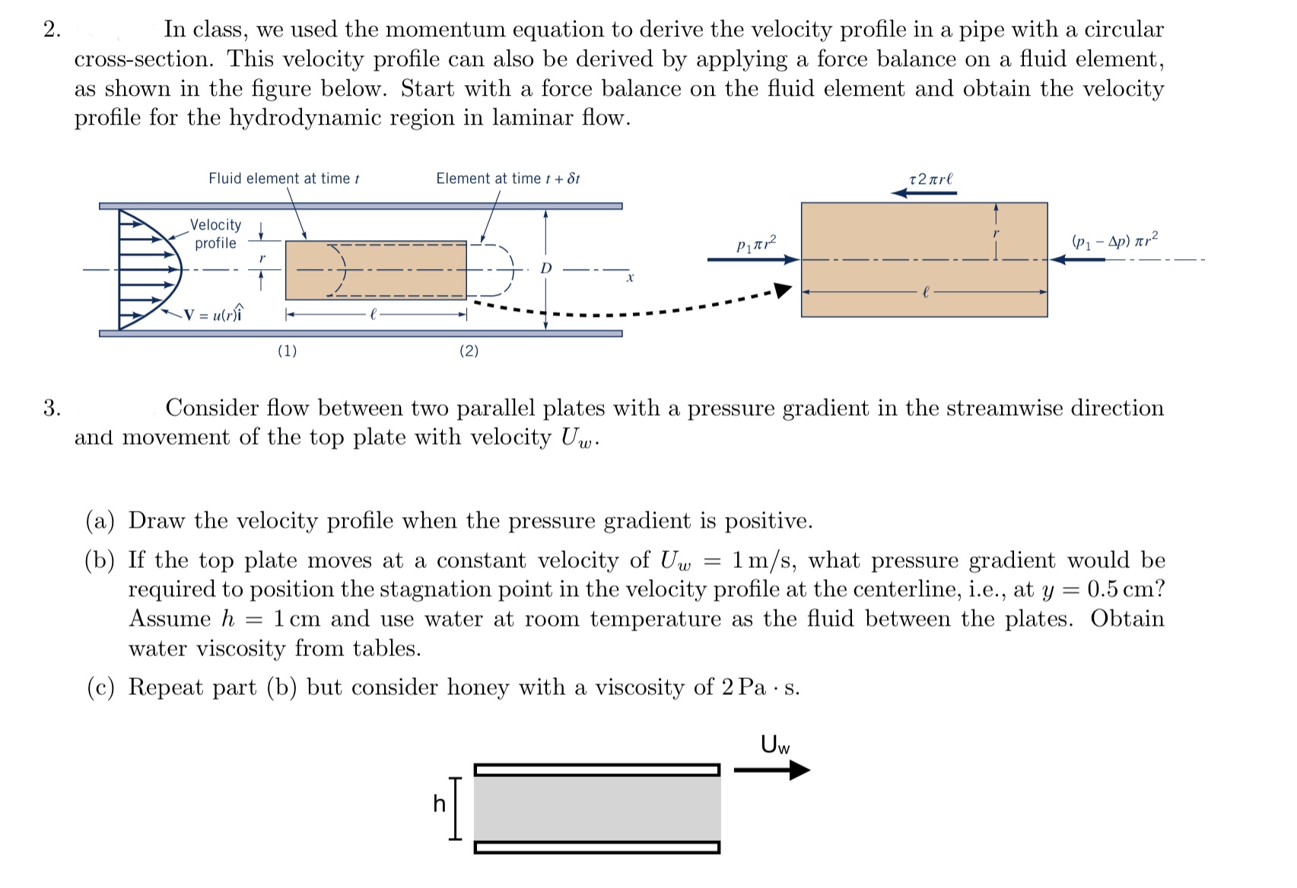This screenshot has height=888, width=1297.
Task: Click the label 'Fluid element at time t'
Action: coord(284,179)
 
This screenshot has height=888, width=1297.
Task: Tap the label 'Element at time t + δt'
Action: coord(507,179)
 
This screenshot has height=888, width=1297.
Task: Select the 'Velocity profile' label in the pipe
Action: coord(215,234)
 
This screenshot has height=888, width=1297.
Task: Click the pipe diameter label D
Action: coord(545,268)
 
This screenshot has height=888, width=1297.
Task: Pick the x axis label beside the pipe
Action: coord(630,278)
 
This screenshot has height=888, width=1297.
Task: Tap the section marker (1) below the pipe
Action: coord(287,350)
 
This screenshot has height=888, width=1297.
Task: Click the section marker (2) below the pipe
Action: coord(469,350)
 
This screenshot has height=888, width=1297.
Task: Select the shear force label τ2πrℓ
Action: coord(930,179)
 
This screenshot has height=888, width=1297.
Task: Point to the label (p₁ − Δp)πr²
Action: coord(1115,241)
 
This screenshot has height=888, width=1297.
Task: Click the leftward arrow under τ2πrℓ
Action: coord(924,193)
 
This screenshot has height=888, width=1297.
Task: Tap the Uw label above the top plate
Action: coord(775,744)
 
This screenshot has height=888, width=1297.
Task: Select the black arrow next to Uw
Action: coord(772,770)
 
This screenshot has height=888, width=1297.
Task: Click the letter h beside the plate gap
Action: coord(439,804)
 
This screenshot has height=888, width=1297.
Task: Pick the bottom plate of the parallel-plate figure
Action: coord(596,847)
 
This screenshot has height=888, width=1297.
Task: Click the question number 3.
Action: coord(52,408)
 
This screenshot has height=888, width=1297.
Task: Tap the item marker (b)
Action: coord(100,561)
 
